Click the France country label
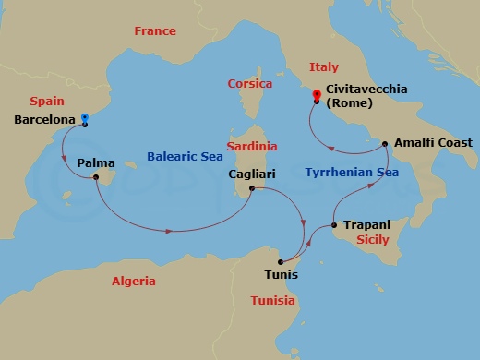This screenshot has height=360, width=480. pos(154,31)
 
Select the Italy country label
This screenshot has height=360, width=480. pos(323,67)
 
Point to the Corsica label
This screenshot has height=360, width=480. pos(250,84)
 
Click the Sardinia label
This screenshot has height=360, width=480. pos(253,146)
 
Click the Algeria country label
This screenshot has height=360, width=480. pos(133,281)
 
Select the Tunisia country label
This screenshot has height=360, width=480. pos(272,301)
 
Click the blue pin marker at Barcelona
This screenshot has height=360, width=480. pos(84,119)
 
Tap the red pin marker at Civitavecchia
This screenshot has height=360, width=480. pos(316,93)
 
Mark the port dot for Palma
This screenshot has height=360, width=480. pos(97,179)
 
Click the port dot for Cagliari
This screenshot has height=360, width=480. pos(251,189)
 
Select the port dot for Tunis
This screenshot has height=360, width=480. pos(280,262)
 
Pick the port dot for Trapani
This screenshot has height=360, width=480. pos(333,226)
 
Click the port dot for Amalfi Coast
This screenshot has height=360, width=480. pos(385,145)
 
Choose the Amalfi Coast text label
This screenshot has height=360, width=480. pos(433,143)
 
